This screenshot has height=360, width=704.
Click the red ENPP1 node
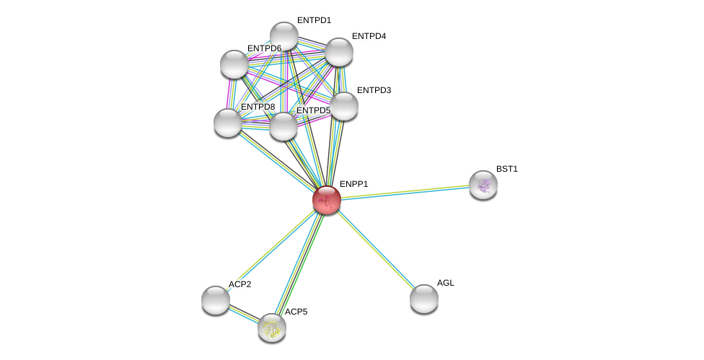(327, 200)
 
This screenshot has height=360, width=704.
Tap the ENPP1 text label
(353, 184)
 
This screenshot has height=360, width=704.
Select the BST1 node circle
(483, 185)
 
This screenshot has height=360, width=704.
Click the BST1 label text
(506, 169)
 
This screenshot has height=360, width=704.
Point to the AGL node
(424, 298)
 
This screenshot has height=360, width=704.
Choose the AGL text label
(446, 283)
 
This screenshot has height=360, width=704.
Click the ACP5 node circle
(272, 328)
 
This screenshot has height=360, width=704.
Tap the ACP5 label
(296, 312)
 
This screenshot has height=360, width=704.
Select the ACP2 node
(216, 299)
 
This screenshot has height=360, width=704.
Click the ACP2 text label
(239, 284)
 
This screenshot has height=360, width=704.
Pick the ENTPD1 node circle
(284, 36)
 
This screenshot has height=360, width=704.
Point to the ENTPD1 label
(314, 20)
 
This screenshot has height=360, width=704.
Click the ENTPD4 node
(338, 52)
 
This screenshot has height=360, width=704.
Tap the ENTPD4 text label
(369, 36)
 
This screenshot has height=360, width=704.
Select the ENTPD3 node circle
(344, 106)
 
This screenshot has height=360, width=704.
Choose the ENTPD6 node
(234, 64)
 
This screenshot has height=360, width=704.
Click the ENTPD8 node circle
(228, 122)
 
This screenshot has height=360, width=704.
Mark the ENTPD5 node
(283, 126)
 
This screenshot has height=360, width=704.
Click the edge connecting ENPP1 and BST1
(404, 193)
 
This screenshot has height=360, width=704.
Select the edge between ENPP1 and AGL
(375, 249)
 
